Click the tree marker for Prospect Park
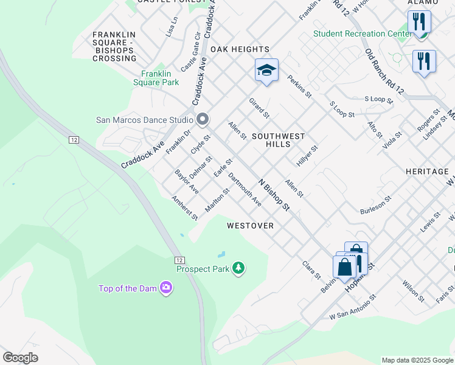point(239,268)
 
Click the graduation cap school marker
point(266,71)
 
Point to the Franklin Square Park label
point(156,78)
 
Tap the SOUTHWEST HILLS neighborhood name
point(278,140)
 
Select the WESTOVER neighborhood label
point(250,226)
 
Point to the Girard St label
point(259,108)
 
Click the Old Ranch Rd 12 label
point(384,72)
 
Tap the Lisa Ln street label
point(172,27)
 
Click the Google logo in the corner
point(20,358)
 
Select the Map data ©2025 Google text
point(417,360)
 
